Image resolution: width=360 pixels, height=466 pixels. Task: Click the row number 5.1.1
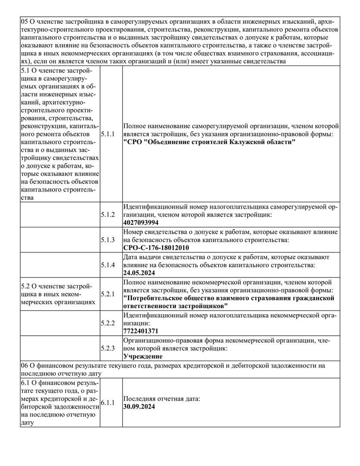108,134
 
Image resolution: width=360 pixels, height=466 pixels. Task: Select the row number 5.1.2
108,215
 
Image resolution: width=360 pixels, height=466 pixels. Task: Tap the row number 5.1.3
108,240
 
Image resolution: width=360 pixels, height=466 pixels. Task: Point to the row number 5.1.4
108,265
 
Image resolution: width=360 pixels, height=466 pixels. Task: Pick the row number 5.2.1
108,294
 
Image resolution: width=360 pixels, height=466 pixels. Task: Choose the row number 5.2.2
108,323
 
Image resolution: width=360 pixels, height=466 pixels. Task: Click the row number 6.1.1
108,403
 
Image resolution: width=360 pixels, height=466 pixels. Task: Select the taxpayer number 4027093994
141,223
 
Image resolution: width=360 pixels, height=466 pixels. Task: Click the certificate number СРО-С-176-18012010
156,248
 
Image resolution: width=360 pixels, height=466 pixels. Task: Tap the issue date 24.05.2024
139,273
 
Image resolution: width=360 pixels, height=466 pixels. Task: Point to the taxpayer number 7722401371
141,331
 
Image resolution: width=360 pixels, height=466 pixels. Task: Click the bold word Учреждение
143,356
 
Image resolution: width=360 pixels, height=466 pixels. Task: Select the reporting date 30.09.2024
139,406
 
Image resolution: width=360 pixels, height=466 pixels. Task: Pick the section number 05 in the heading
24,21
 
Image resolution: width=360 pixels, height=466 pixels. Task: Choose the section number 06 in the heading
24,365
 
